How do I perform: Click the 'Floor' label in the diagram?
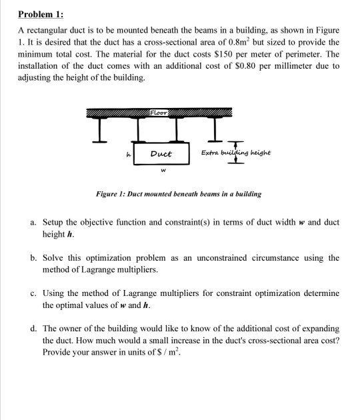click(159, 111)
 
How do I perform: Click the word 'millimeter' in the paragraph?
click(298, 68)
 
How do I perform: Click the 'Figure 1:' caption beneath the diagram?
click(117, 194)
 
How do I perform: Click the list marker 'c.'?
click(35, 293)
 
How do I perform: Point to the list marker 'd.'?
click(35, 329)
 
